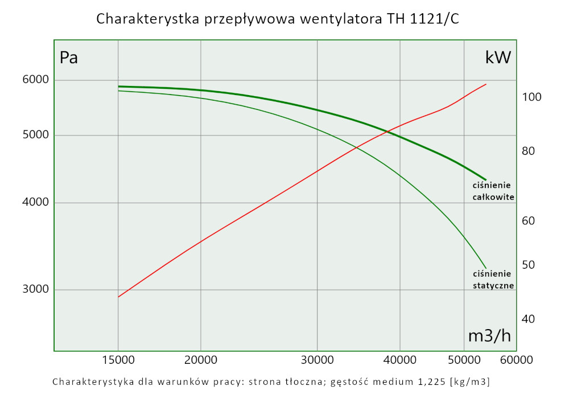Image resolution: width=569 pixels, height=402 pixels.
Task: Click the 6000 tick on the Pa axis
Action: tap(36, 80)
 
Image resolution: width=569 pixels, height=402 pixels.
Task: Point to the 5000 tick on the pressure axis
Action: tap(36, 136)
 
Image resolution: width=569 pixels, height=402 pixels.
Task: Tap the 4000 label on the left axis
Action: tap(36, 203)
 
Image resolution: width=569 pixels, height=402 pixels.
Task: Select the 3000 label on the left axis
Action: tap(36, 289)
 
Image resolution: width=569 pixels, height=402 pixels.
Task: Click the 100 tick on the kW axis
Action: tap(531, 97)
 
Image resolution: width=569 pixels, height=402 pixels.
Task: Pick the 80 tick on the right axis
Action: tap(530, 151)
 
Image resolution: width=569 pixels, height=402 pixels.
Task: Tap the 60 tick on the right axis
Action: tap(530, 221)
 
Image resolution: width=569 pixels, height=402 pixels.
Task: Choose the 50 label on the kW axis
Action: tap(530, 265)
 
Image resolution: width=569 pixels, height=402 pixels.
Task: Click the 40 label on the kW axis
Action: tap(530, 319)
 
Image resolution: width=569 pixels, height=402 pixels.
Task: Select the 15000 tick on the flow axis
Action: tap(118, 360)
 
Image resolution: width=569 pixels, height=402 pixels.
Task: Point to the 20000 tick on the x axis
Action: tap(201, 360)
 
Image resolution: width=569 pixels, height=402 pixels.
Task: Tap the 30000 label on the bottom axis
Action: tap(317, 360)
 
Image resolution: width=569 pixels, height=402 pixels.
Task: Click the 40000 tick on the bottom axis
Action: tap(400, 360)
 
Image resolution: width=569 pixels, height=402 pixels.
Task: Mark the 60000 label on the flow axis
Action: tap(516, 360)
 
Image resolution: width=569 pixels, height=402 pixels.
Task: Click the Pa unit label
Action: tap(69, 58)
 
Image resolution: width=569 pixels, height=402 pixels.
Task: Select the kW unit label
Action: tap(498, 58)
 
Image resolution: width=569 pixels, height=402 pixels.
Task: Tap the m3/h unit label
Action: tap(489, 336)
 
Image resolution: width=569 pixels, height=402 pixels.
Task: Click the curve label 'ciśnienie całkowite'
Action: tap(493, 191)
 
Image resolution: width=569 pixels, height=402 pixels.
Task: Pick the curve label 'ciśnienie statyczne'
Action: tap(493, 280)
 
